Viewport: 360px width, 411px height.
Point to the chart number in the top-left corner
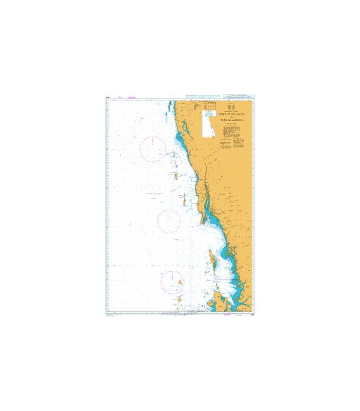click(x=108, y=97)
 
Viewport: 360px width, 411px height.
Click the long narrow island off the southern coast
click(x=211, y=257)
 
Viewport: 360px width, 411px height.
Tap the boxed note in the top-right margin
click(x=239, y=96)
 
